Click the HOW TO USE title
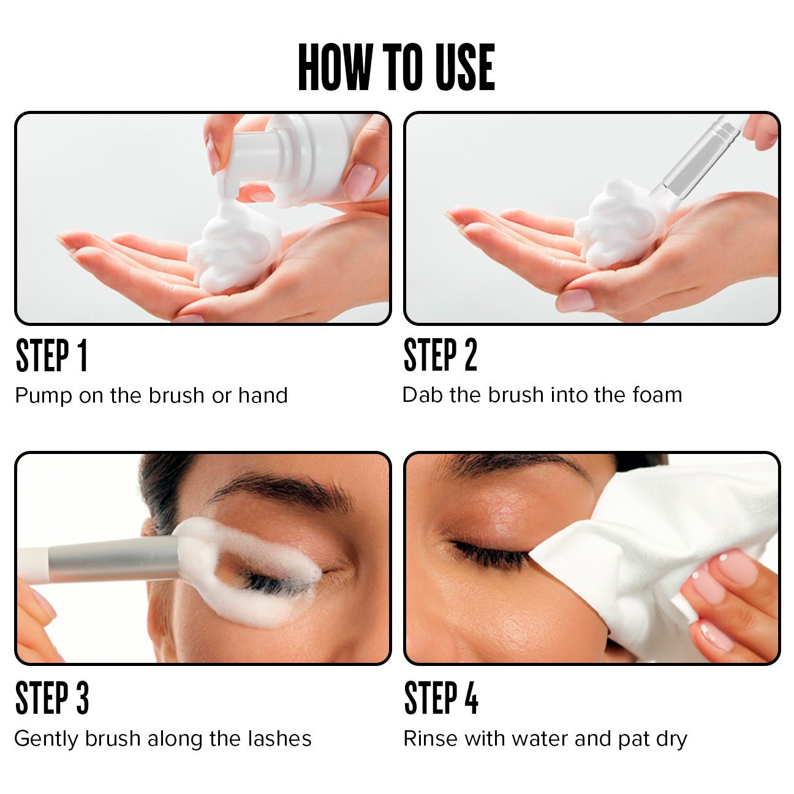[x=396, y=67]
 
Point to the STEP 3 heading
[x=52, y=698]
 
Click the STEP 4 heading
[x=441, y=698]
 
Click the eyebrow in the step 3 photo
[x=282, y=490]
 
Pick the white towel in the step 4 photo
[x=643, y=551]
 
